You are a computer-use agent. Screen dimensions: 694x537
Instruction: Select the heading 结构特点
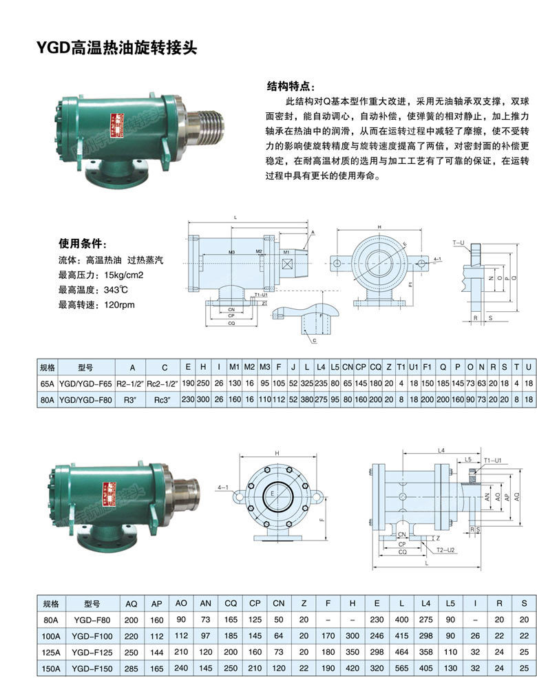291,87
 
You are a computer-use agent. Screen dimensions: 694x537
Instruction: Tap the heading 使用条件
82,244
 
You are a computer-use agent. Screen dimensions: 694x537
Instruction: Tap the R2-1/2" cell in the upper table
127,383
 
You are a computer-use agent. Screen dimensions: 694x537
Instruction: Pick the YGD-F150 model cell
93,667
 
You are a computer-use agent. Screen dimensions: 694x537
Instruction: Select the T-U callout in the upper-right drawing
459,244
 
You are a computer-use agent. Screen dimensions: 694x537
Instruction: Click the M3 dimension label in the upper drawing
232,253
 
